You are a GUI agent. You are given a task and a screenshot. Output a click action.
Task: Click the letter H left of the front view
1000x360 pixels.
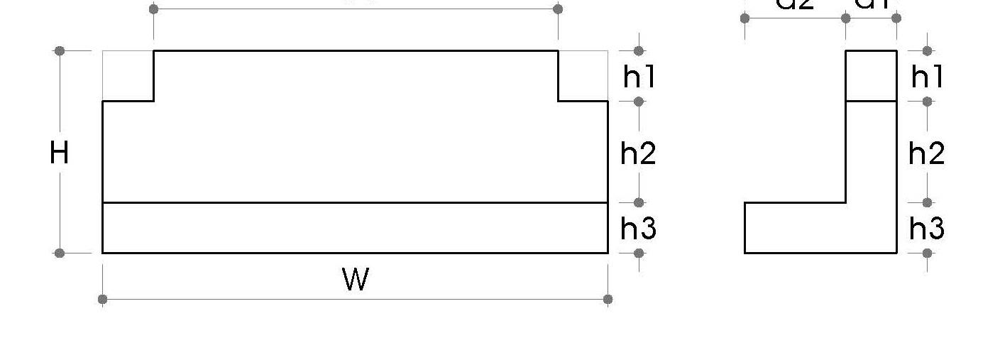60,153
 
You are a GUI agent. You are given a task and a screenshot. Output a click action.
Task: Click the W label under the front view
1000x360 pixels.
356,279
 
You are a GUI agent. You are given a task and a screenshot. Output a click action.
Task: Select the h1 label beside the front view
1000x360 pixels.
639,76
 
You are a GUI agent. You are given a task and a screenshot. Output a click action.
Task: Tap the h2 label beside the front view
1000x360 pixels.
639,153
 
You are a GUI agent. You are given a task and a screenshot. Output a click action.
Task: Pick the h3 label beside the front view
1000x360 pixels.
639,229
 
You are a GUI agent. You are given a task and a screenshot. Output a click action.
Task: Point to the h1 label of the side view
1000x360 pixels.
927,76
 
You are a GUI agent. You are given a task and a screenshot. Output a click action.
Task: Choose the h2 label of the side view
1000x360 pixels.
927,153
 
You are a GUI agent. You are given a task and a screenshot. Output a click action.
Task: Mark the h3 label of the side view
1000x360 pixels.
927,229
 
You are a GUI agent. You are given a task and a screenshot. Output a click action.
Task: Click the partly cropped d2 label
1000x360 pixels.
795,4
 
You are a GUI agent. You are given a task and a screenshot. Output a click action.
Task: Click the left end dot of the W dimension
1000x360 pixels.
103,299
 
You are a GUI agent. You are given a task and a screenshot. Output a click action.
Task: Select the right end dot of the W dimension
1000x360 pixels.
608,299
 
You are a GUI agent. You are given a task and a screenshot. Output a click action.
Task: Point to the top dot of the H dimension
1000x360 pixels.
60,51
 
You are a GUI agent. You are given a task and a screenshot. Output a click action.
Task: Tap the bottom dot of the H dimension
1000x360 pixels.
60,253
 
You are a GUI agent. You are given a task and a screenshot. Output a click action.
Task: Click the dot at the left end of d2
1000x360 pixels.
744,18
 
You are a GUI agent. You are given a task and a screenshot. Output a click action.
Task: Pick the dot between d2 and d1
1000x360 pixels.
846,18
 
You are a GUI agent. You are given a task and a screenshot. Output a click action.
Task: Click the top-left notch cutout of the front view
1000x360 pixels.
128,76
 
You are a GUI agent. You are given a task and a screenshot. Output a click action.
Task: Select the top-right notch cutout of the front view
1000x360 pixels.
583,76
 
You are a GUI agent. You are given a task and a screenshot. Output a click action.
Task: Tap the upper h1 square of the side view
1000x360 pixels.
872,76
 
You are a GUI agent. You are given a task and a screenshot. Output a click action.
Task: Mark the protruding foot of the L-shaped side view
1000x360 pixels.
795,228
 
